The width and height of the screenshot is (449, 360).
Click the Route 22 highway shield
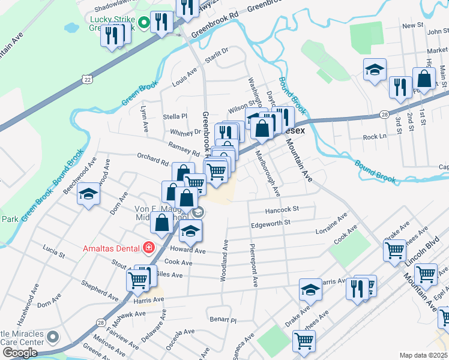point(88,79)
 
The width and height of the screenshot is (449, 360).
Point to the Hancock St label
point(282,209)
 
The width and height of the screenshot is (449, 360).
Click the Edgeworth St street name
point(270,222)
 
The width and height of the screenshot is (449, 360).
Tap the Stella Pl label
point(175,116)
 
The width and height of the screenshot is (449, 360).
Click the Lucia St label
point(53,249)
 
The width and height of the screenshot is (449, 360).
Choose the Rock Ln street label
point(375,137)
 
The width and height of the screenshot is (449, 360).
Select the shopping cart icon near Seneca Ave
point(304,341)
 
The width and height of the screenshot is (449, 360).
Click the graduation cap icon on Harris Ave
point(310,290)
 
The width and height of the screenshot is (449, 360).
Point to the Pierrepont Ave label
point(255,263)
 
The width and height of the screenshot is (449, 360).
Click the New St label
point(413,26)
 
